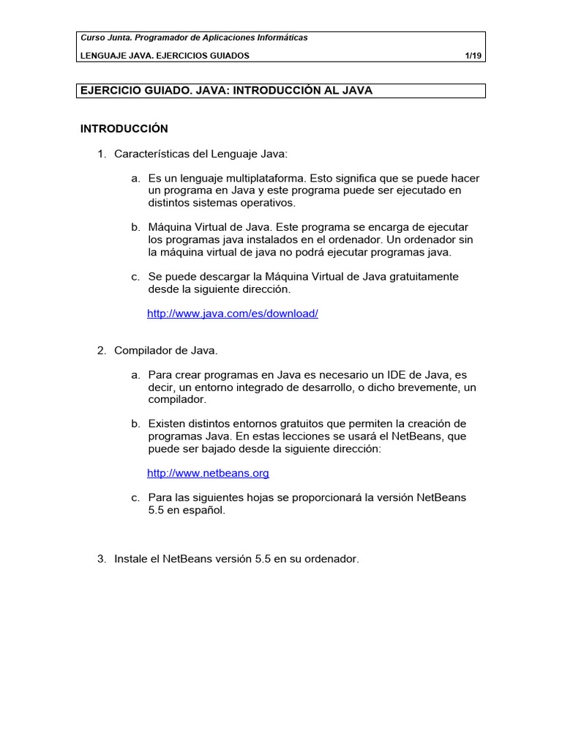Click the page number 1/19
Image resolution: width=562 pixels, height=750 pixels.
pyautogui.click(x=472, y=56)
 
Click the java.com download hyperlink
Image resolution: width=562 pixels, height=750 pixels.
pyautogui.click(x=233, y=313)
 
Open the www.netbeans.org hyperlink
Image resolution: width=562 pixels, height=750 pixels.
pyautogui.click(x=208, y=473)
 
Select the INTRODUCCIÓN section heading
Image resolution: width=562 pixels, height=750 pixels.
pyautogui.click(x=124, y=129)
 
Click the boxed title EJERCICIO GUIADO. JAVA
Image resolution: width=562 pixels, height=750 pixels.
pyautogui.click(x=226, y=91)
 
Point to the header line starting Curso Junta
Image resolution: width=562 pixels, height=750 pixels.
pyautogui.click(x=194, y=37)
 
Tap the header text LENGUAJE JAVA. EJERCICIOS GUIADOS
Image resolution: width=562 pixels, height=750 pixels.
pyautogui.click(x=165, y=56)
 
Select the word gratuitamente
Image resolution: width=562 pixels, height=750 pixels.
pyautogui.click(x=422, y=276)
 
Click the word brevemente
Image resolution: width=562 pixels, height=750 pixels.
pyautogui.click(x=423, y=387)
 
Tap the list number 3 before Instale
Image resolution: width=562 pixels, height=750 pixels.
pyautogui.click(x=101, y=559)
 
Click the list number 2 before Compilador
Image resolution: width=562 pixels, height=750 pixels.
pyautogui.click(x=101, y=350)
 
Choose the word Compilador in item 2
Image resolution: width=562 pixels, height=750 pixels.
pyautogui.click(x=143, y=350)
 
